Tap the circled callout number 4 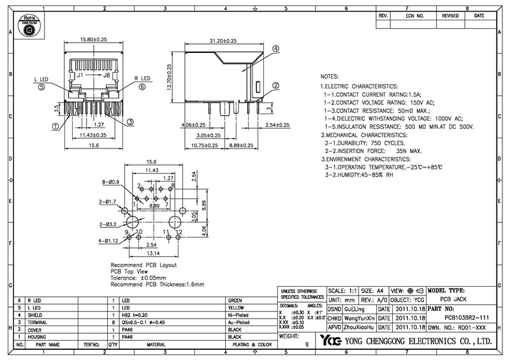[x=275, y=49]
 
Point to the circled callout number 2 [x=275, y=86]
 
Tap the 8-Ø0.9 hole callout [x=112, y=182]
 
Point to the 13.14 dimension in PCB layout [x=151, y=253]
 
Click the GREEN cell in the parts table [x=235, y=299]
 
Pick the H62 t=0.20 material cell [x=135, y=315]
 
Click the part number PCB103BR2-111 [x=467, y=317]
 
